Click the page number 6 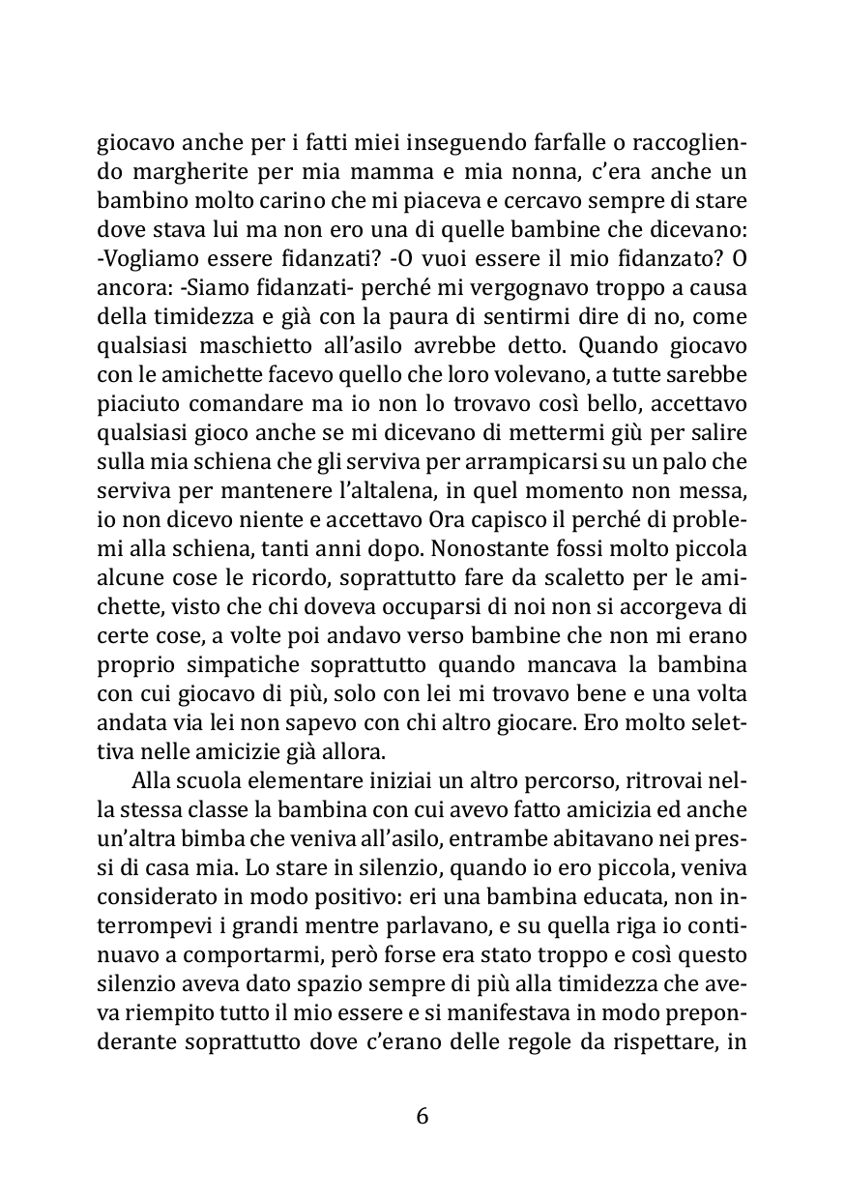point(422,1116)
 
